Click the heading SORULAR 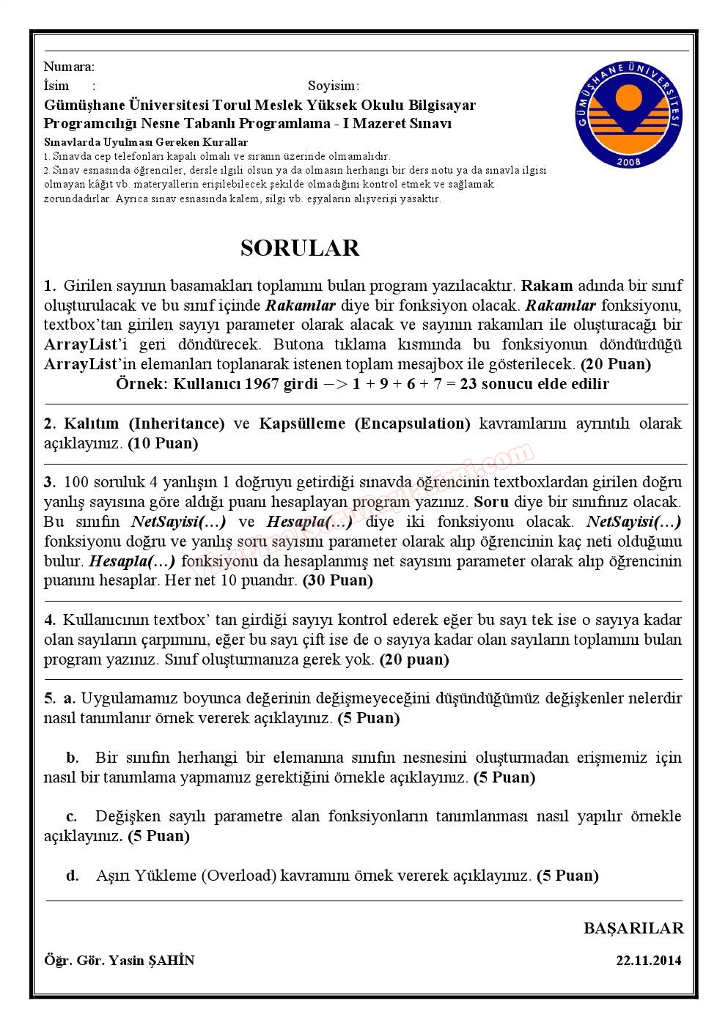(x=300, y=248)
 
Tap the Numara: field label (x=69, y=67)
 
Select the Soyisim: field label (x=334, y=86)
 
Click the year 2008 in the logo (x=630, y=161)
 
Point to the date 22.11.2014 (x=649, y=960)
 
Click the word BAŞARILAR (x=633, y=928)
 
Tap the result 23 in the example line (x=468, y=384)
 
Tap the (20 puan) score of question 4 (x=413, y=659)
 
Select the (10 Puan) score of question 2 (x=163, y=443)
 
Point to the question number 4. (x=49, y=620)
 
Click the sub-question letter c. (x=72, y=817)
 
